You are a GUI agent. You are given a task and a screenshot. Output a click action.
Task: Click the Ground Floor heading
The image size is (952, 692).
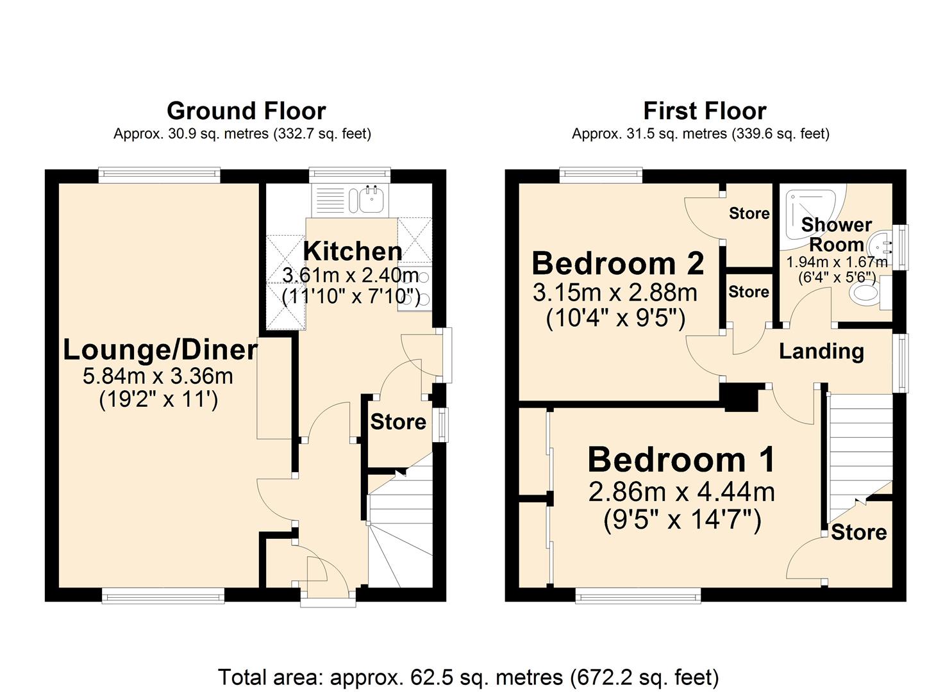point(246,111)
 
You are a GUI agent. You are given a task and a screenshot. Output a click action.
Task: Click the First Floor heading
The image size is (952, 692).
point(705,111)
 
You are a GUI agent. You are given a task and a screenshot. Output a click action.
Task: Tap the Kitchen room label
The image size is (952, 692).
point(353,251)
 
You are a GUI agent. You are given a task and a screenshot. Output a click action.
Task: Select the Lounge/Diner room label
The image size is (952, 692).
point(160,350)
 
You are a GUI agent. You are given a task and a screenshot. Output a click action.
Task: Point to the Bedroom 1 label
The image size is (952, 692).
point(681,459)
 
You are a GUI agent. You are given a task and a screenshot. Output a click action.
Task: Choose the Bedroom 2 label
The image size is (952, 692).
point(618,263)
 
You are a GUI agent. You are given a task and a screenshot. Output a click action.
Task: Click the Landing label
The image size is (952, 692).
point(821,351)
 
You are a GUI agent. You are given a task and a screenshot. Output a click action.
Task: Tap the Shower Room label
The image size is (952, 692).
point(836,235)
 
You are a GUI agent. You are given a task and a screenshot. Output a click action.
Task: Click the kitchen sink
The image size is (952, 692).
point(371,199)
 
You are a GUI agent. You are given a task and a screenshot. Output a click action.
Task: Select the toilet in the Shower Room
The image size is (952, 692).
point(866,293)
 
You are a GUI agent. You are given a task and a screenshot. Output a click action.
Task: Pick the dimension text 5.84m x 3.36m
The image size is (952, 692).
point(158,376)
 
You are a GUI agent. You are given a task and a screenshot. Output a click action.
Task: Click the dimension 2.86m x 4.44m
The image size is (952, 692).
point(681,492)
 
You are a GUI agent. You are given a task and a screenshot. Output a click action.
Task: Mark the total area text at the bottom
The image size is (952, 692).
point(468,677)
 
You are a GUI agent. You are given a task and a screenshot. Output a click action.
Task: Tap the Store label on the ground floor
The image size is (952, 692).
point(398,422)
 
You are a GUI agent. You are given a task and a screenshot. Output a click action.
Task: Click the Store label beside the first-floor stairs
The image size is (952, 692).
point(859,532)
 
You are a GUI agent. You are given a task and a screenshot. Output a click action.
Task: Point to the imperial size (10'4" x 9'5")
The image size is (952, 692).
point(615,318)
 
